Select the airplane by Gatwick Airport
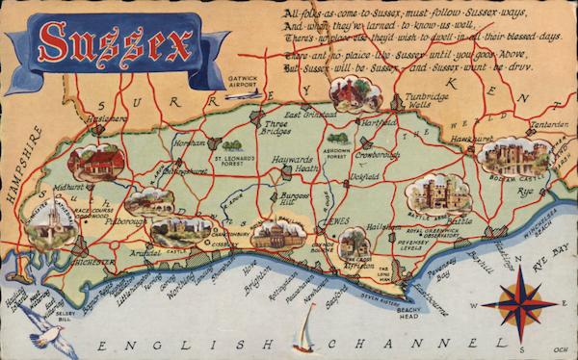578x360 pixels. (251, 94)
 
